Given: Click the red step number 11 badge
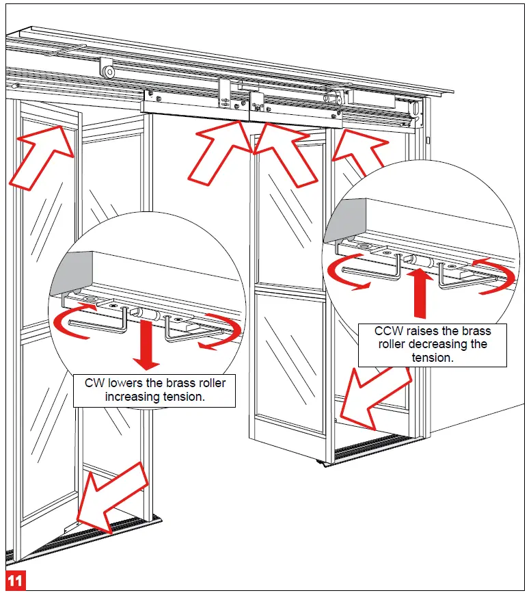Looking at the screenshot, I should (16, 581).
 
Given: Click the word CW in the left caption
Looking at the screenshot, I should (94, 382).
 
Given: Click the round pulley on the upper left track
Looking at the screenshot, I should (107, 70).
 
